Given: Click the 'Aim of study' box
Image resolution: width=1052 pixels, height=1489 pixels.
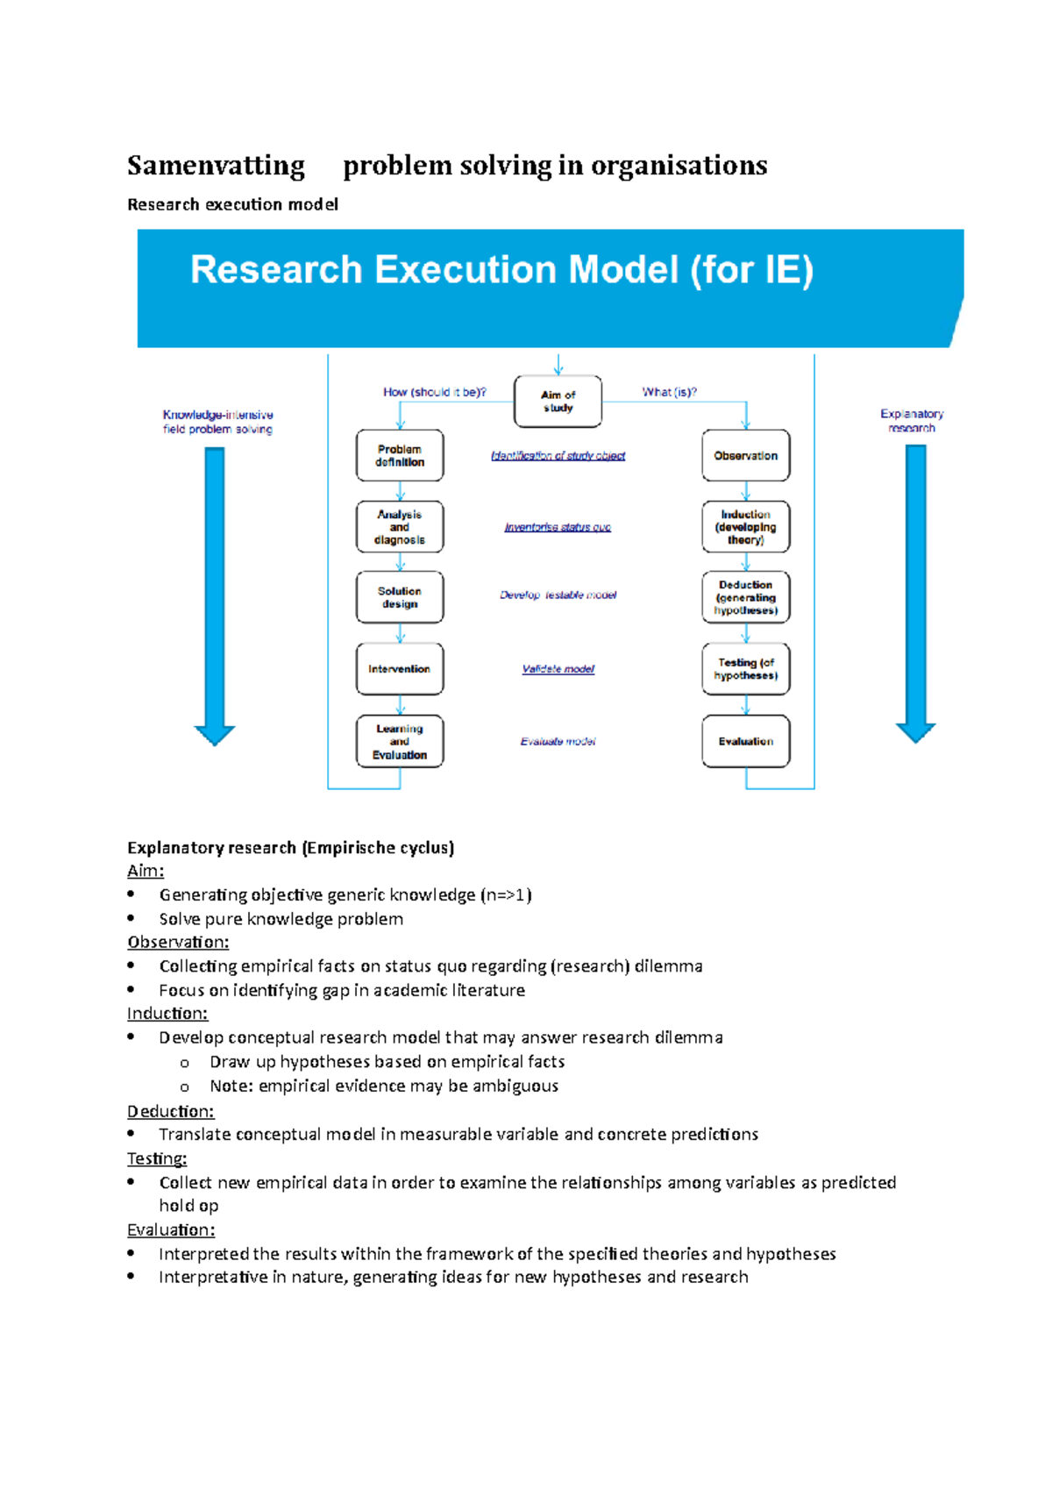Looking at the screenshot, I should coord(558,402).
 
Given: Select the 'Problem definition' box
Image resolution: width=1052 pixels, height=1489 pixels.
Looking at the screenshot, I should coord(400,456).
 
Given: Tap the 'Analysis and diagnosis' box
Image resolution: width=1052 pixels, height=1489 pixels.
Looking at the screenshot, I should coord(400,527).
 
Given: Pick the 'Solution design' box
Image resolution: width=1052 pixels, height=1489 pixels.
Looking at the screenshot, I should coord(400,597).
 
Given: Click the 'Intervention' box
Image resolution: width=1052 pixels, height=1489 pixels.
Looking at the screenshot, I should coord(400,669).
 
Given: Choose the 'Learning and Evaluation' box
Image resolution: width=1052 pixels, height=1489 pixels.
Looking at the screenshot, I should coord(400,741).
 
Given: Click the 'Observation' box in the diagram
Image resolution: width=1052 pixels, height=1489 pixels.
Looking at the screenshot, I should coord(745,456).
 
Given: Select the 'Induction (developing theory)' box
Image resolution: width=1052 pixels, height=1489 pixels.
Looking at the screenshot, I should coord(745,527).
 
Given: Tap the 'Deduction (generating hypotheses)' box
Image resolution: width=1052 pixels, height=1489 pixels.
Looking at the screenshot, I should coord(745,597).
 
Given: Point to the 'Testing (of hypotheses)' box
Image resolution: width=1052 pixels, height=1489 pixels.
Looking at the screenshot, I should coord(745,669).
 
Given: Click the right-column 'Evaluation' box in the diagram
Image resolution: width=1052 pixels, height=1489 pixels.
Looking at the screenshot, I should coord(745,741).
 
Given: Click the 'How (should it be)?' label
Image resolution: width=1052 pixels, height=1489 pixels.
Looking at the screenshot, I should coord(434,392).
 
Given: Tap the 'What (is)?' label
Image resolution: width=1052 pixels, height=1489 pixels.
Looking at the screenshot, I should coord(669,392).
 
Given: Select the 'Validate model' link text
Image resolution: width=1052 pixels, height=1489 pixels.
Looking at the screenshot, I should coord(558,669).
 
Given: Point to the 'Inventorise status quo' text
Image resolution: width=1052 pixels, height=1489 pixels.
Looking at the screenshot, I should coord(558,527).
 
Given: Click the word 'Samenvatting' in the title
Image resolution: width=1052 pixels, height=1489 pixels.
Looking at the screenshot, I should coord(216,166).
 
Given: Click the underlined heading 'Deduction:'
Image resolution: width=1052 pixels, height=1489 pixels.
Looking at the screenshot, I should coord(171,1111).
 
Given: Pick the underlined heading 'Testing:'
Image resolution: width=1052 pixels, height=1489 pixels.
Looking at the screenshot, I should coord(157,1158).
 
